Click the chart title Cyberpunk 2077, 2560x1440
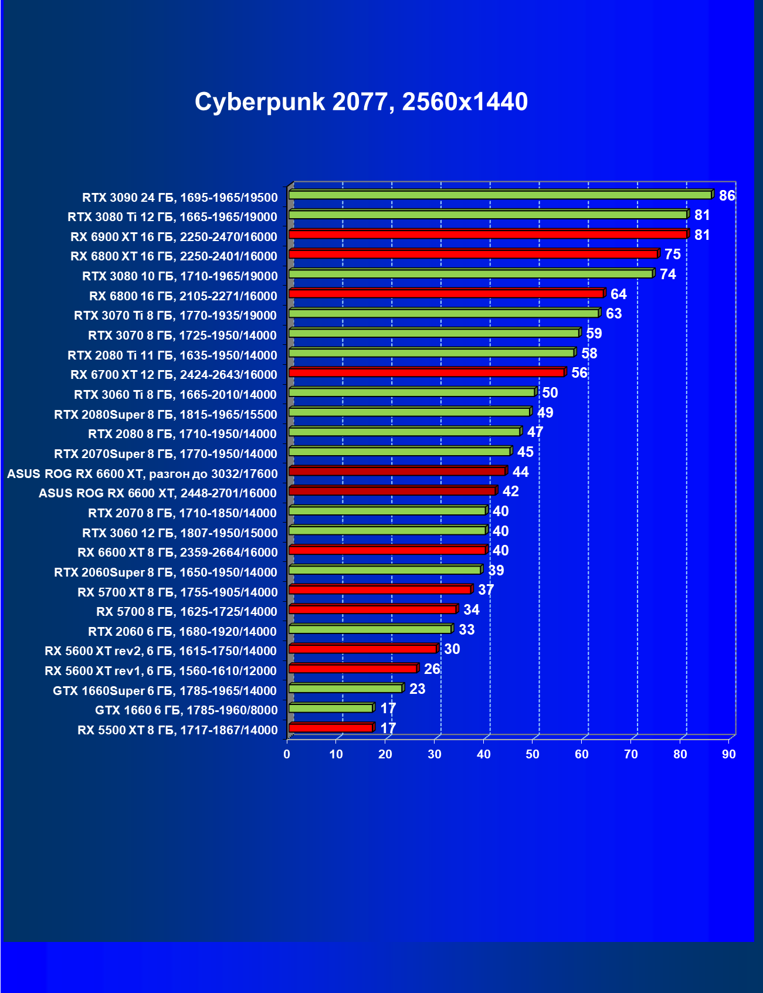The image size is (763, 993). coord(361,102)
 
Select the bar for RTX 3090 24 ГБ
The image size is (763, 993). coord(500,195)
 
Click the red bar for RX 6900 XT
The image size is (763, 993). coord(487,234)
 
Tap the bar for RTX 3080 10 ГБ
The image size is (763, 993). coord(470,274)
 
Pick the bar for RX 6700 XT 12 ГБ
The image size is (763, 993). coord(426,372)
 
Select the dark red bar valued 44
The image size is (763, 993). coord(397,471)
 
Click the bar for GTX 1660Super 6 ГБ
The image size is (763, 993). coord(345,688)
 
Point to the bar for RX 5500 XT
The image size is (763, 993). coord(331,728)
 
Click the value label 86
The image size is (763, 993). coord(727,196)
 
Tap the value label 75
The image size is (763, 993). coord(672,255)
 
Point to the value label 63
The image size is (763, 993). coord(613,314)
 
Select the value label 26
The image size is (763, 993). coord(432,669)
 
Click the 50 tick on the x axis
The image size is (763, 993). coord(533,754)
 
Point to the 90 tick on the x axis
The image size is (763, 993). coord(728,754)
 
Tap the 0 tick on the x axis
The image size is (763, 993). coord(287,754)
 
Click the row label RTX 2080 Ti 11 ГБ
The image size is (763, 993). coord(172,355)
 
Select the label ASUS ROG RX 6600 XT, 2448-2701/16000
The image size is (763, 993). coord(158,493)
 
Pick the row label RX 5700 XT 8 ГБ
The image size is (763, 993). coord(177,592)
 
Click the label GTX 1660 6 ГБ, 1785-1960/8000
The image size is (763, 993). coord(186,710)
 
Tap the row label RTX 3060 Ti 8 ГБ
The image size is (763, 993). coord(175,395)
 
